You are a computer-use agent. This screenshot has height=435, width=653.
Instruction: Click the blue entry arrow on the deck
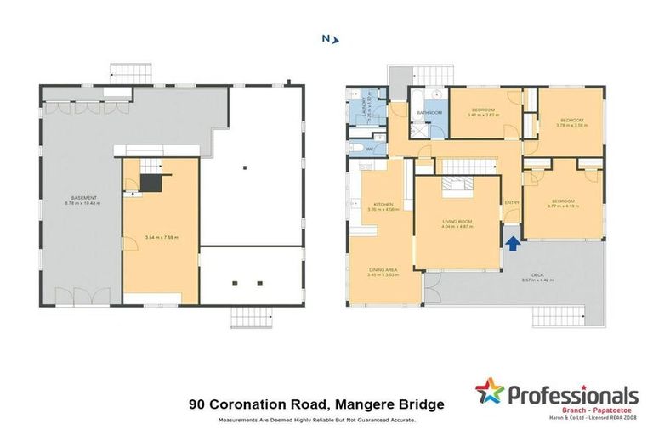click(x=513, y=243)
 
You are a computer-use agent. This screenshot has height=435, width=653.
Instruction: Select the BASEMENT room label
click(x=82, y=200)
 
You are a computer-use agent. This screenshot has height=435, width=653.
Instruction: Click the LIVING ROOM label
click(x=457, y=221)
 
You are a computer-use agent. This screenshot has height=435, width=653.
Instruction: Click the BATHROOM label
click(x=429, y=112)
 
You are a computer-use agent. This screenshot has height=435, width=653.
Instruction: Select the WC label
click(x=370, y=150)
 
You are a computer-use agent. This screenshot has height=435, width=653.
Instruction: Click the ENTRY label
click(x=512, y=202)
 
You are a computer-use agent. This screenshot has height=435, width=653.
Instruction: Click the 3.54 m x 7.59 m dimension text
click(x=161, y=236)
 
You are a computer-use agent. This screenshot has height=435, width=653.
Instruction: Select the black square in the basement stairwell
click(x=151, y=183)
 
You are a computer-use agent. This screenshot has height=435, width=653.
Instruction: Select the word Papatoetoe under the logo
click(x=613, y=410)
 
